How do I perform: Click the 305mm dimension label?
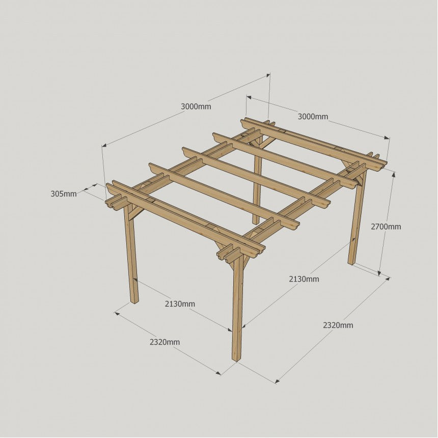64,194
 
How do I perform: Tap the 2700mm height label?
386,227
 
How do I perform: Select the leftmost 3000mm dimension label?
196,106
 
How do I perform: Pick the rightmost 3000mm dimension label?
313,117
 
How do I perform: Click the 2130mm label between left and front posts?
180,304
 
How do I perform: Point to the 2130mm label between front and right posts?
304,279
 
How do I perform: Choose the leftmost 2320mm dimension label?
165,342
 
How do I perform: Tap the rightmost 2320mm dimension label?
338,325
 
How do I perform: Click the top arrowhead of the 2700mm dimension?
394,174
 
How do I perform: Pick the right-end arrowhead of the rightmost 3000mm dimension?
387,138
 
